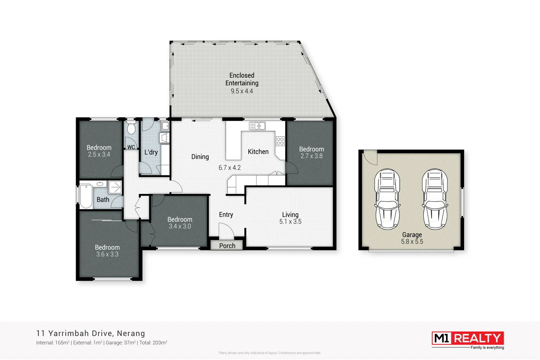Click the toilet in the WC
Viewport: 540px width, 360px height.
[x=131, y=128]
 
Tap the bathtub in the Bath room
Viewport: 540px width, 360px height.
[x=86, y=196]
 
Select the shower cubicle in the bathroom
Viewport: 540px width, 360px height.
[x=115, y=187]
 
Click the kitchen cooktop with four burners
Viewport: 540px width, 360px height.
[x=280, y=141]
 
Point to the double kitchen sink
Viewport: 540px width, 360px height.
[x=257, y=126]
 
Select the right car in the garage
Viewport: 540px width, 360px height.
[x=435, y=199]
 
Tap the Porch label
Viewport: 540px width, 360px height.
[x=227, y=246]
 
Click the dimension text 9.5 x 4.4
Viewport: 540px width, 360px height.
[x=242, y=91]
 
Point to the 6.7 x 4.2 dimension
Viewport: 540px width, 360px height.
[x=229, y=168]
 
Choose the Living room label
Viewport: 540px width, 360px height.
[x=290, y=215]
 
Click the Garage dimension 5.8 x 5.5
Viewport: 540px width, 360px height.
[x=412, y=242]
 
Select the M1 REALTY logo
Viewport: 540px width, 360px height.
[x=467, y=338]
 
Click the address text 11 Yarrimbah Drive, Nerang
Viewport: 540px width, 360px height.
[x=91, y=333]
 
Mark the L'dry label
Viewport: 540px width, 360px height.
[x=151, y=152]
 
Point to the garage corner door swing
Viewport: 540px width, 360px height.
[x=370, y=158]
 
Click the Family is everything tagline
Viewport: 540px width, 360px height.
[x=487, y=348]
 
